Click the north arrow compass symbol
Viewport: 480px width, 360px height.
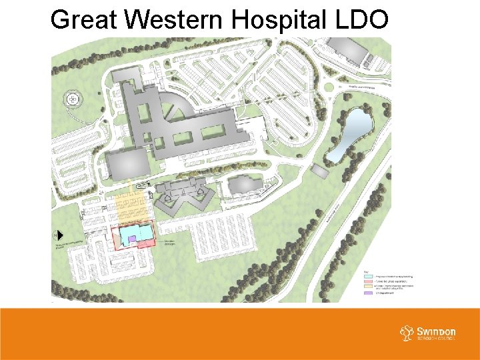tap(59, 235)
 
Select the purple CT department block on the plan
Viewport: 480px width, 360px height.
tap(133, 238)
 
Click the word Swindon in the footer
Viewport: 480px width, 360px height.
tap(437, 331)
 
